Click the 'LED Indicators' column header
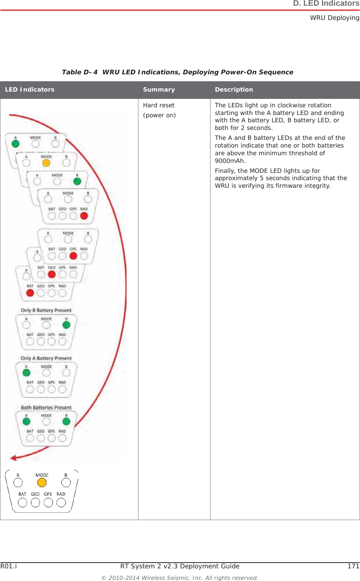click(30, 90)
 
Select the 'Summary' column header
click(159, 90)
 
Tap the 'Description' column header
click(234, 90)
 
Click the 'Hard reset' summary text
click(159, 105)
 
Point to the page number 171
click(353, 566)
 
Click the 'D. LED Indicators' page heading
click(326, 4)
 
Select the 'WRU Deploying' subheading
click(335, 18)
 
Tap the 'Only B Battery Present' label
click(46, 310)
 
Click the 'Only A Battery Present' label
click(46, 358)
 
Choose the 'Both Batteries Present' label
click(46, 407)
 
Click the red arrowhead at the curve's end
click(13, 458)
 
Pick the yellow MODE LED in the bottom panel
click(42, 483)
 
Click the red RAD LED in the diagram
click(84, 216)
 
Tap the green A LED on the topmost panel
click(16, 144)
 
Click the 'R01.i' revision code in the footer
click(8, 566)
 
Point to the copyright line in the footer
click(180, 578)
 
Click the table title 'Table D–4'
click(80, 72)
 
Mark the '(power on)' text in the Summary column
click(159, 115)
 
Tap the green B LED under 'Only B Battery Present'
click(66, 325)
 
